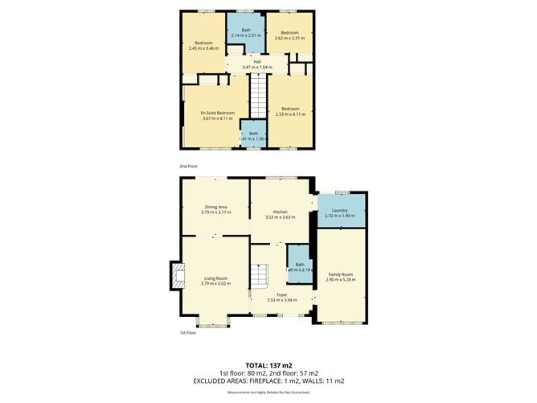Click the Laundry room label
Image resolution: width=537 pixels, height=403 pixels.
(x=339, y=210)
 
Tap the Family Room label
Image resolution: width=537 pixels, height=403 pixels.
(x=339, y=274)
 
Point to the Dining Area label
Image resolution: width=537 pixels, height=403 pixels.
(x=215, y=207)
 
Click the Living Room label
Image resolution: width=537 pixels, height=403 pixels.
(x=215, y=278)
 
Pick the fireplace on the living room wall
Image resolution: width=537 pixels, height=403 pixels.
(x=174, y=276)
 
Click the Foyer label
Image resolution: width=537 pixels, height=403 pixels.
(x=281, y=295)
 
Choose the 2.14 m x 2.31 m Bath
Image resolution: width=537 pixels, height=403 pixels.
(x=245, y=32)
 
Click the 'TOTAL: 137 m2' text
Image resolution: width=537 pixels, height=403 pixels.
(x=268, y=364)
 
